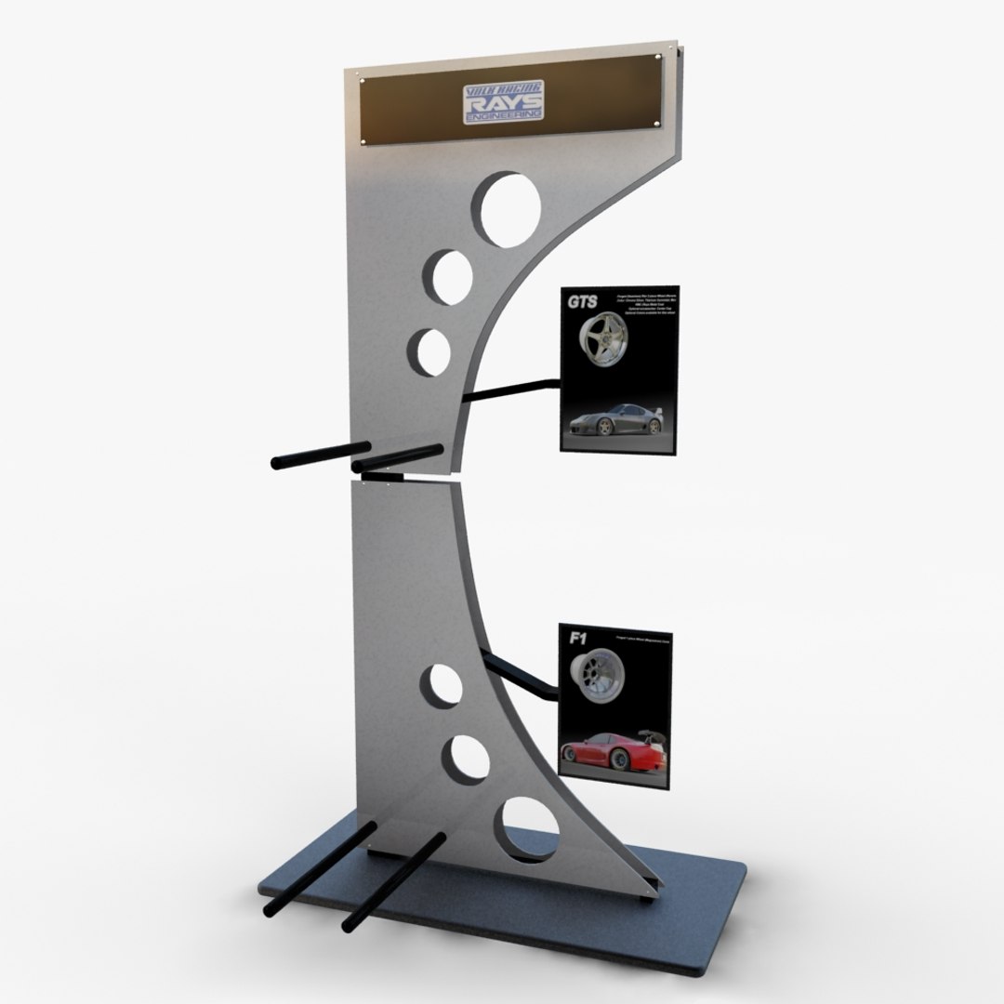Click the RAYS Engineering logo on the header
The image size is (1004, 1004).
coord(503,101)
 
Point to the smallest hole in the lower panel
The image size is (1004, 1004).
coord(442,687)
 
